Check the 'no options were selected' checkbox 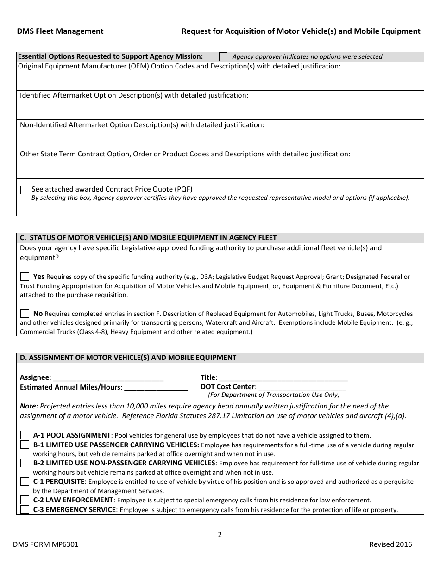tap(223, 57)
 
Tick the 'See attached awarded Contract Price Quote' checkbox tap(25, 190)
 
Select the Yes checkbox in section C tap(25, 277)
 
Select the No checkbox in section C tap(25, 313)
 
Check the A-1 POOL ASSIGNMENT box tap(25, 435)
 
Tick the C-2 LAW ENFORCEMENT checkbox tap(25, 500)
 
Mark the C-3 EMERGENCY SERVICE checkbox tap(25, 510)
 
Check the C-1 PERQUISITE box tap(25, 482)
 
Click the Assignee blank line tap(108, 378)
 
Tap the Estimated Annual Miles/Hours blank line tap(156, 387)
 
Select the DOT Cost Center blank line tap(302, 387)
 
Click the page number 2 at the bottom tap(220, 535)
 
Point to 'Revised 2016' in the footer tap(390, 544)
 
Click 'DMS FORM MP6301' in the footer tap(45, 544)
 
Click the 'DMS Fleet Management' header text tap(60, 31)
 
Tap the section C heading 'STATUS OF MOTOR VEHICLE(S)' tap(148, 238)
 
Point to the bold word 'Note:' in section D tap(29, 406)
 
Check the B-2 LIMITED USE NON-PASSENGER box tap(25, 463)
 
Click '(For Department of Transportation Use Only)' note tap(274, 395)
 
